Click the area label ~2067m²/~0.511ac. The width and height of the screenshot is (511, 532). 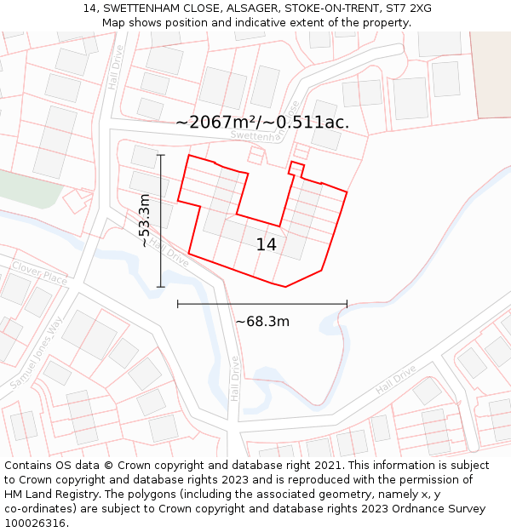point(262,123)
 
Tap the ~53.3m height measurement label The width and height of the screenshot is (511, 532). point(145,221)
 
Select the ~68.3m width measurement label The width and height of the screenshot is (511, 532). point(262,322)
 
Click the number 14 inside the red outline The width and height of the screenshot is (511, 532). point(267,245)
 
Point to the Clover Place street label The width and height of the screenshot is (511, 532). point(39,273)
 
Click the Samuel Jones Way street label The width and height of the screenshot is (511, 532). point(37,353)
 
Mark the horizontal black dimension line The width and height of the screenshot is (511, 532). point(262,304)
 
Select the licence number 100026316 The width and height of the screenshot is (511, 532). point(37,523)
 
